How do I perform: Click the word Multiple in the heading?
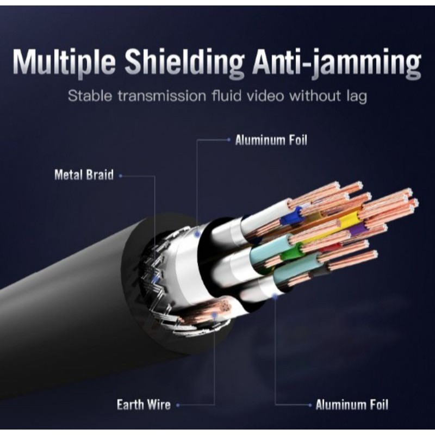point(64,64)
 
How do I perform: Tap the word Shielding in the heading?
point(185,64)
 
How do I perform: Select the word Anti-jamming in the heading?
point(337,64)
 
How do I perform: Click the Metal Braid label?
point(84,175)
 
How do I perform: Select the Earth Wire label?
point(144,405)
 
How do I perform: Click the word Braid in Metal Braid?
point(100,175)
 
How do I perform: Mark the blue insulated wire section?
point(293,217)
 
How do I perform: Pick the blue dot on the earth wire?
point(215,314)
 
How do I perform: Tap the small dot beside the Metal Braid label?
point(120,175)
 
